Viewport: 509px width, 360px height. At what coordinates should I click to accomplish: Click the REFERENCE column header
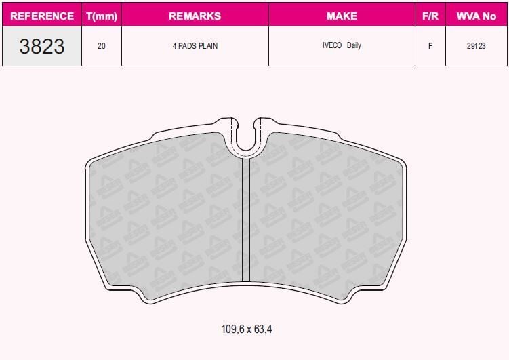(x=42, y=16)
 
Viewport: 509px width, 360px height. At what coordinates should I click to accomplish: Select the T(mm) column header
(x=102, y=16)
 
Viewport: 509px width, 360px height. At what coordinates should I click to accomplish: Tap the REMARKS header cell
(x=195, y=16)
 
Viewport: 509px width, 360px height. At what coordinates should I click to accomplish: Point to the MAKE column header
(x=342, y=16)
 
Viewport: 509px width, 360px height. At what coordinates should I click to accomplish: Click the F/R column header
(x=430, y=16)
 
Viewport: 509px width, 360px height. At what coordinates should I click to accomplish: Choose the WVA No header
(x=476, y=16)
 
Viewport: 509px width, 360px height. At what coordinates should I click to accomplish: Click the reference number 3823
(x=42, y=46)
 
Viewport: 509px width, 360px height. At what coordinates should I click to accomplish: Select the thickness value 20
(x=102, y=46)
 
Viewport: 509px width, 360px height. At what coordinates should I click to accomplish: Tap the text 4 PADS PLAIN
(x=195, y=46)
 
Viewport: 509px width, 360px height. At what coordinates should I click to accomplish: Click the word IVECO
(x=332, y=46)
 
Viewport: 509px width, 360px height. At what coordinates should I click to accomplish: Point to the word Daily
(x=354, y=46)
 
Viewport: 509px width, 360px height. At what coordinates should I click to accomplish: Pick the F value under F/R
(x=430, y=46)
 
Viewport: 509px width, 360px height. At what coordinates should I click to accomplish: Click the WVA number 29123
(x=476, y=46)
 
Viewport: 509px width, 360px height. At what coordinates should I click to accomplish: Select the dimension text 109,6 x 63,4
(x=247, y=329)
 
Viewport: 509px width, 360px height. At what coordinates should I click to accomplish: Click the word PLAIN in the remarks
(x=207, y=46)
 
